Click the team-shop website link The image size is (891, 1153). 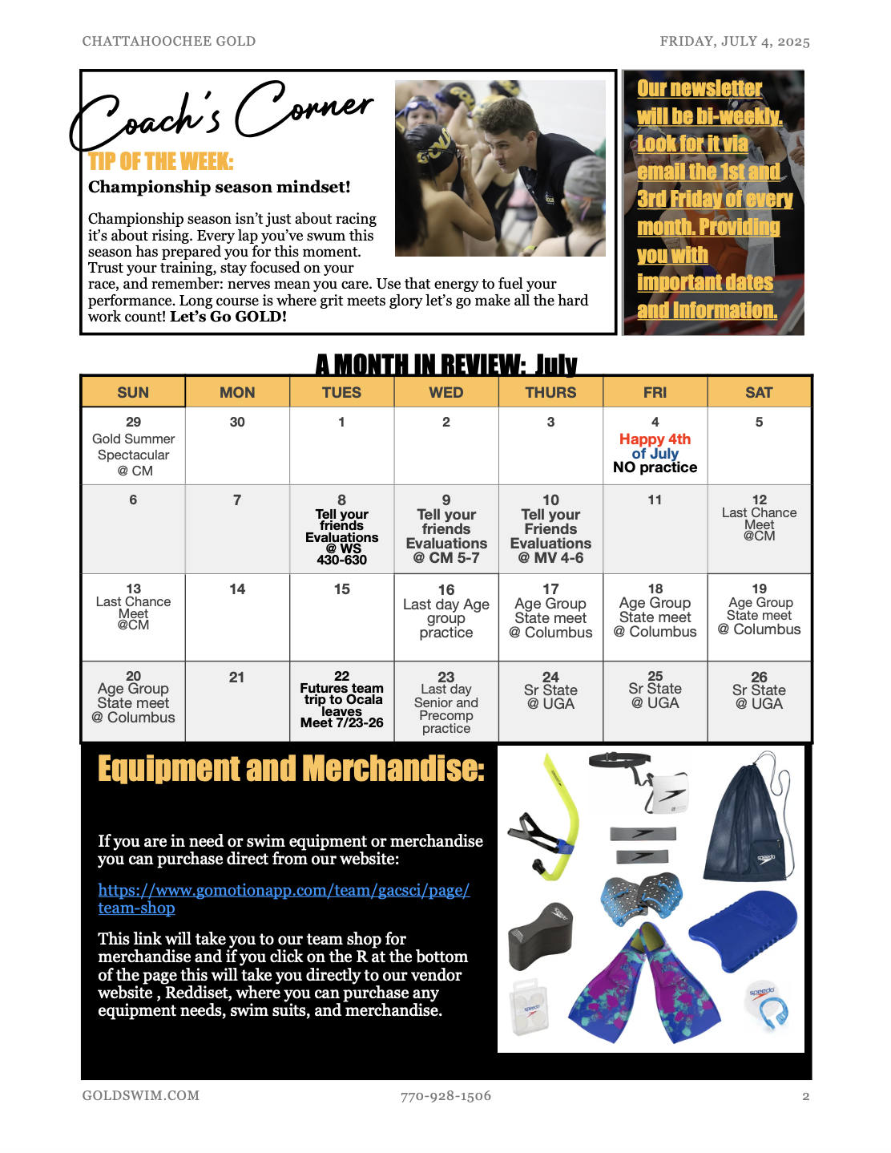tap(283, 891)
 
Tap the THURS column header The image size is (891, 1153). tap(550, 392)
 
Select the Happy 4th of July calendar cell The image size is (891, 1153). tap(655, 446)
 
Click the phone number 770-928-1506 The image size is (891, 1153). tap(445, 1096)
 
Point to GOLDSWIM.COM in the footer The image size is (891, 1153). tap(141, 1096)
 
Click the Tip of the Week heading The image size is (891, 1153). tap(161, 162)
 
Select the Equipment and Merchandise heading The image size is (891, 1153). tap(291, 769)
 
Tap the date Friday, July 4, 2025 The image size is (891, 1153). tap(734, 42)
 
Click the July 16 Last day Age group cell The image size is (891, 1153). tap(446, 617)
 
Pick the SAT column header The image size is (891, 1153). tap(759, 392)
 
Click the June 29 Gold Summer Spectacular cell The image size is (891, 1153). tap(133, 447)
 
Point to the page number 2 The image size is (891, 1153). tap(805, 1096)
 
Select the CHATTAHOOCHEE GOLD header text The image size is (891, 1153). tap(169, 42)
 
